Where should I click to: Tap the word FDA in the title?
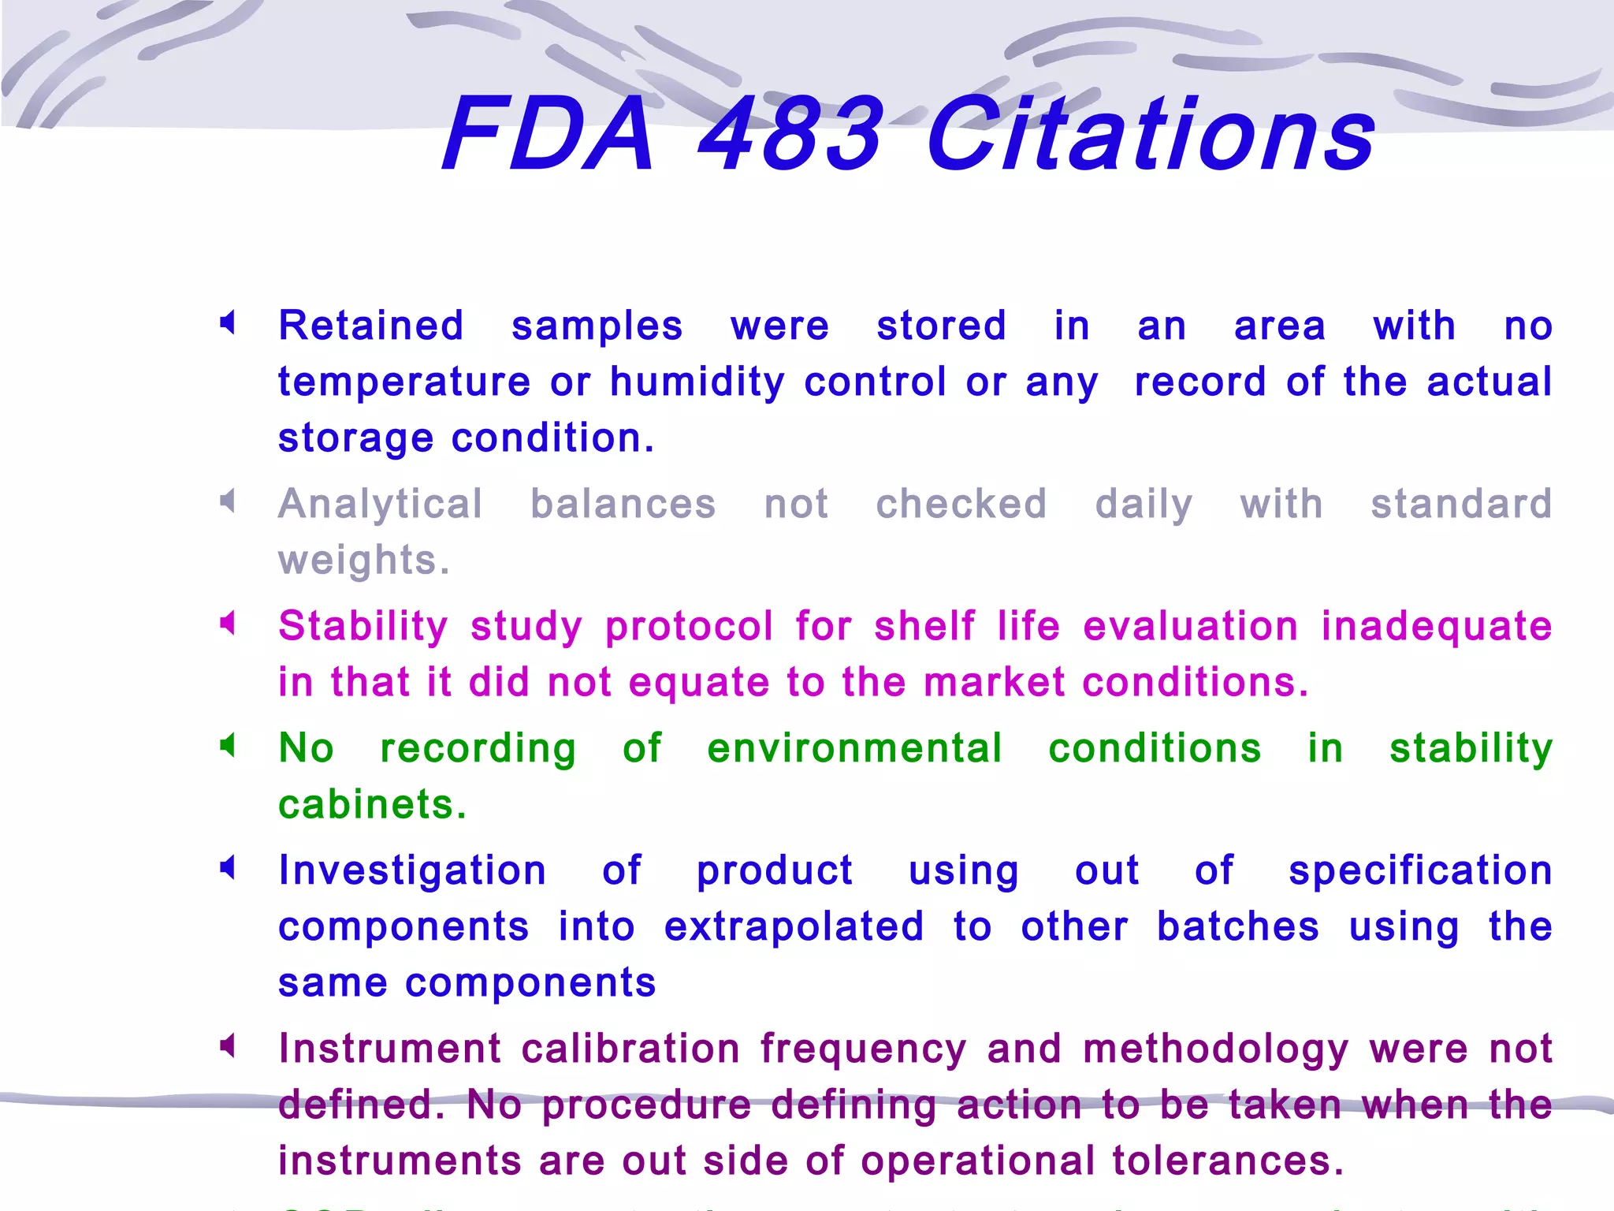[x=549, y=134]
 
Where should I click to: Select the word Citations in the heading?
[x=1151, y=134]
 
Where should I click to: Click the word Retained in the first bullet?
[x=371, y=326]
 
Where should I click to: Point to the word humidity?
[x=697, y=382]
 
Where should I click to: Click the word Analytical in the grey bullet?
[x=381, y=504]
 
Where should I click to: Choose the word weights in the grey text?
[x=363, y=561]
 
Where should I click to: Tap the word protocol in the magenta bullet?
[x=690, y=627]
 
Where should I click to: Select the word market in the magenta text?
[x=995, y=682]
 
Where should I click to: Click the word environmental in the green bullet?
[x=855, y=748]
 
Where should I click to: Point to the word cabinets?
[x=372, y=805]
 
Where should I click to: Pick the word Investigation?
[x=412, y=871]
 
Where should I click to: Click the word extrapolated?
[x=794, y=926]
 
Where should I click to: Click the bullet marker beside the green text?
[x=228, y=745]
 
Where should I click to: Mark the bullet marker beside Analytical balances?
[x=228, y=501]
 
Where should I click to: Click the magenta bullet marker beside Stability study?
[x=228, y=624]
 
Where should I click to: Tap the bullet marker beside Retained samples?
[x=228, y=322]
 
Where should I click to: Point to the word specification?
[x=1420, y=871]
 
